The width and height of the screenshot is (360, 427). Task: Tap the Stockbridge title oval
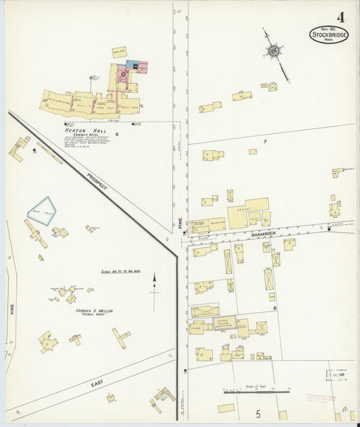click(329, 35)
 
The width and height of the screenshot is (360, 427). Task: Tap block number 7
click(265, 141)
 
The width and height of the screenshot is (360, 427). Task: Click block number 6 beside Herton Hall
click(116, 134)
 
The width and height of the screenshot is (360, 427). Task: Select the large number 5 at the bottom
click(257, 412)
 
